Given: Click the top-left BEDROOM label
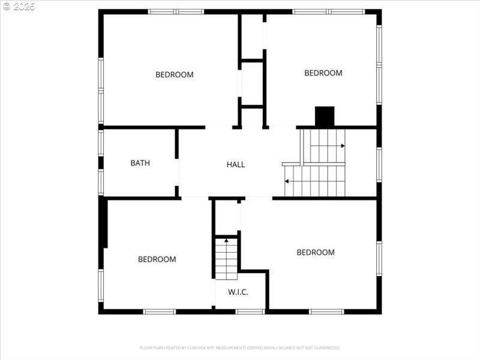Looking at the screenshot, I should click(x=175, y=75).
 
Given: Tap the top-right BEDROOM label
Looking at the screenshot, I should click(x=323, y=73).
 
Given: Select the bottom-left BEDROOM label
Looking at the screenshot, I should click(x=157, y=259).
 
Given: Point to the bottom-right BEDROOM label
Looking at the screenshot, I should click(x=316, y=253).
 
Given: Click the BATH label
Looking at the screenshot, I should click(x=140, y=163).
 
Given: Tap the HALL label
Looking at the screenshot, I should click(x=236, y=164).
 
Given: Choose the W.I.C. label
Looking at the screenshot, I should click(x=238, y=292).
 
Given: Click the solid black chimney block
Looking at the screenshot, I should click(x=325, y=116).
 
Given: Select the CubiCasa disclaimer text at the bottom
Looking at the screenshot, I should click(x=240, y=347).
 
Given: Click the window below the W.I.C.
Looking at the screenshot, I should click(x=250, y=311).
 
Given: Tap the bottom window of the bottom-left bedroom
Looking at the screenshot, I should click(x=159, y=311).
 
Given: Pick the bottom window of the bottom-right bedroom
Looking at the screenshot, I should click(x=326, y=311).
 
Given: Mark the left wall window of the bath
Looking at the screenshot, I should click(x=101, y=163).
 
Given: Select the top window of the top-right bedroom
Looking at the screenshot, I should click(x=328, y=11).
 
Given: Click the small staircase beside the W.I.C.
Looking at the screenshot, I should click(x=227, y=258).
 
